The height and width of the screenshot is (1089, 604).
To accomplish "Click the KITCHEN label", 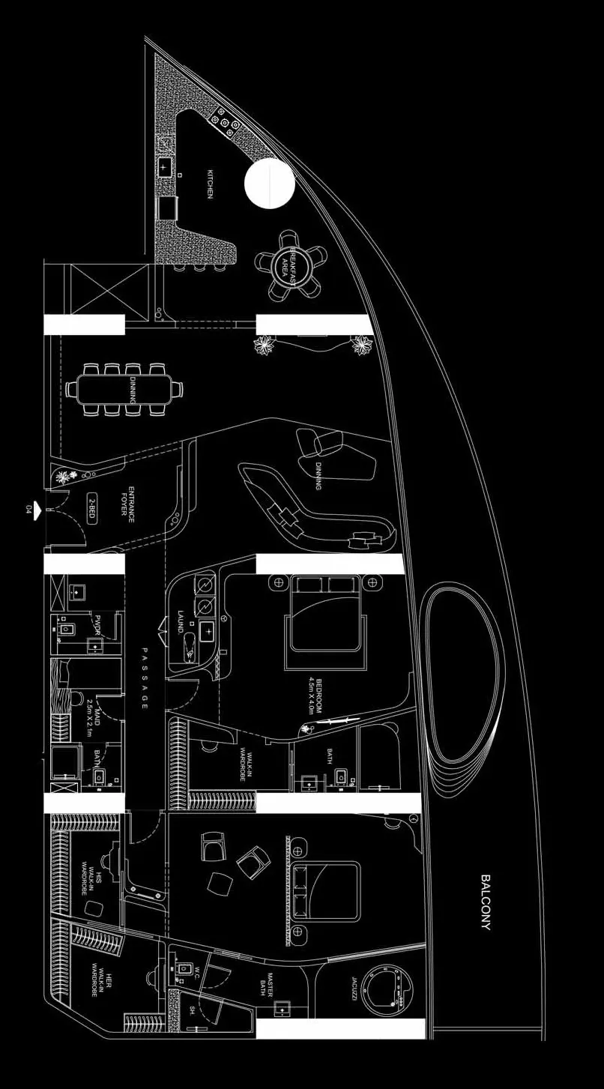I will pyautogui.click(x=211, y=184).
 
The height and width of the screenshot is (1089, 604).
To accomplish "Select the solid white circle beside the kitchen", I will pyautogui.click(x=269, y=182).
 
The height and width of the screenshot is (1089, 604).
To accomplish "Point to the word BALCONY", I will pyautogui.click(x=486, y=902).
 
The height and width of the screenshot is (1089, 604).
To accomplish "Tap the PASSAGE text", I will pyautogui.click(x=145, y=679).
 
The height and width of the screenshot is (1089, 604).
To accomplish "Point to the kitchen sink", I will pyautogui.click(x=165, y=168).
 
